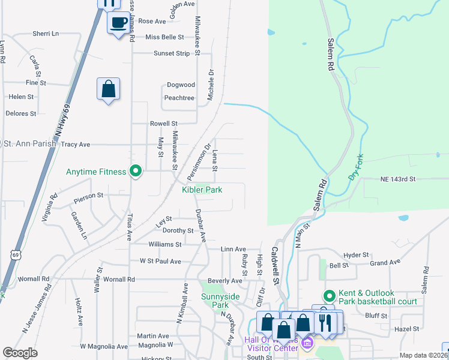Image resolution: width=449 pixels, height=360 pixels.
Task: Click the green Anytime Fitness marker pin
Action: point(136,172)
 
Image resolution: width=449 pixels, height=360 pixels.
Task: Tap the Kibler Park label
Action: point(202,190)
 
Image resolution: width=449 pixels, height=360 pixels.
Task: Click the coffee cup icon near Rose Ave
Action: point(118,23)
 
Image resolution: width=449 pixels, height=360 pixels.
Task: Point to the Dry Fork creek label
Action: point(356,169)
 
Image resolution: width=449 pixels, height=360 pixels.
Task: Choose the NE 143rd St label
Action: point(398,179)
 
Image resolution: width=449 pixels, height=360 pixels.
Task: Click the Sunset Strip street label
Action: point(171,53)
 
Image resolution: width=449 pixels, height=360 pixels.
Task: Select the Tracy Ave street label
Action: point(76,145)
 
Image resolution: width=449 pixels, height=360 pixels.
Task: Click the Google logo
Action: point(20,353)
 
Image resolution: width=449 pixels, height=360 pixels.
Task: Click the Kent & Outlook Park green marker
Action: point(329,296)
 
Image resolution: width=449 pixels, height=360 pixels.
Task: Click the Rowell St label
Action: point(164,124)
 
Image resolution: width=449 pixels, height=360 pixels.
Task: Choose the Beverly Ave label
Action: point(225,280)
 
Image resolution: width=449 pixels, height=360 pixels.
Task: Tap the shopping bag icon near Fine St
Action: point(108,89)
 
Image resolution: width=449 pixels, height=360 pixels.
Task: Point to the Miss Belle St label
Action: point(164,37)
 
